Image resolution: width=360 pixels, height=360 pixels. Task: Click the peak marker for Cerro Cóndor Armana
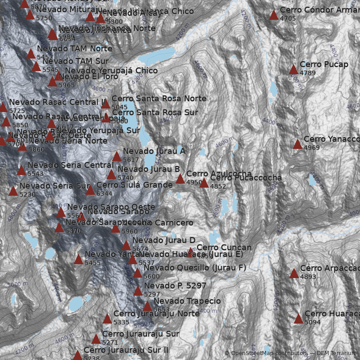[274, 15]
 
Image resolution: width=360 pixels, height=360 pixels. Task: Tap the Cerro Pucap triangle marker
[293, 69]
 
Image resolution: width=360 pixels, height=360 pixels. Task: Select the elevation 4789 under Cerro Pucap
[308, 73]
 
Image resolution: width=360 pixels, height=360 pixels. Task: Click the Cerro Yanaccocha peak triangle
[297, 144]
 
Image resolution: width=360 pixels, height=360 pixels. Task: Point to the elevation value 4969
[312, 148]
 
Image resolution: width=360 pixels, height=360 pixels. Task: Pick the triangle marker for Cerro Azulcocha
[180, 179]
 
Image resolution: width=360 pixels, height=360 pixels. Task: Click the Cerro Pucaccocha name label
[246, 178]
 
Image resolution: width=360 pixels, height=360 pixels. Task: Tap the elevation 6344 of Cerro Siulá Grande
[104, 193]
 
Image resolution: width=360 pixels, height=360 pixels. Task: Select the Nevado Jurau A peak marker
[117, 157]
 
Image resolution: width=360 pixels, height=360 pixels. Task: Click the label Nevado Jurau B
[148, 169]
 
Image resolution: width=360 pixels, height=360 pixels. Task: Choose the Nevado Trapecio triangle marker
[147, 306]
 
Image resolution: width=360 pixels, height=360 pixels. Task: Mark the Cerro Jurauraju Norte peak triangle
[107, 319]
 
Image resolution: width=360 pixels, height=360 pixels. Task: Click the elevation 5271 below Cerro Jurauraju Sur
[110, 342]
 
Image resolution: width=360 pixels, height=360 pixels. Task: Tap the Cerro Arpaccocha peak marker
[294, 273]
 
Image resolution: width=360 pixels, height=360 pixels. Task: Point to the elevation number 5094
[313, 322]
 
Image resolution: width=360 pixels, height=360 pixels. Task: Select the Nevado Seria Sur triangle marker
[13, 191]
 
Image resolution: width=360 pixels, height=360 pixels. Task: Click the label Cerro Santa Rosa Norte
[159, 99]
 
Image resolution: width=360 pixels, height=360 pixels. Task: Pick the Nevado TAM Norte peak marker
[31, 54]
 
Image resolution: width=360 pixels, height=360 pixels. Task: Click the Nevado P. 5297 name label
[175, 286]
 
